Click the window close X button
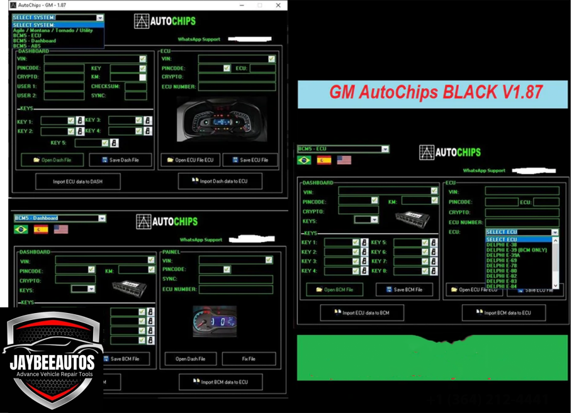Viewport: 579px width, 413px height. click(278, 5)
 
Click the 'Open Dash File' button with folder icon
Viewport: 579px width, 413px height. click(52, 160)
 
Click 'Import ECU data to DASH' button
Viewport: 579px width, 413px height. click(77, 182)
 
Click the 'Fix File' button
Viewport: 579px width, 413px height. click(249, 359)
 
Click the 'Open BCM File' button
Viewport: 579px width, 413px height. click(334, 290)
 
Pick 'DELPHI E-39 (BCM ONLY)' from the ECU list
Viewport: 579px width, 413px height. click(516, 250)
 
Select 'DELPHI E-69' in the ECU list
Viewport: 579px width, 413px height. click(502, 260)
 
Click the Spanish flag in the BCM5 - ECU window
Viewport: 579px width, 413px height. click(324, 160)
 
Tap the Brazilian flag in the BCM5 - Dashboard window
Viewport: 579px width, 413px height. click(21, 229)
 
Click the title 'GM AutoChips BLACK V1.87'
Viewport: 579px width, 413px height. click(436, 92)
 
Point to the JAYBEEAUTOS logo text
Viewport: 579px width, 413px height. click(52, 362)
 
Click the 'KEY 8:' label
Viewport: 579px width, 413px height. click(379, 271)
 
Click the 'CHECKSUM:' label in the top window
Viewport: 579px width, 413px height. click(105, 87)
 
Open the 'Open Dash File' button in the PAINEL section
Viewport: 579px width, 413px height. click(190, 359)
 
